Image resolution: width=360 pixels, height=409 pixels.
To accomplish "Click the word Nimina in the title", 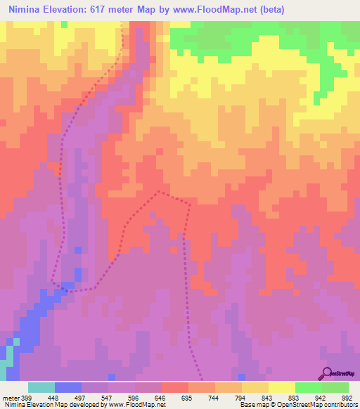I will point(27,8).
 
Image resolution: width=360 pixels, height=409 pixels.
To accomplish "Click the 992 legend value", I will point(347,396).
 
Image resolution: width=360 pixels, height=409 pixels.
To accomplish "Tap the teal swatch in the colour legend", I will point(41,387).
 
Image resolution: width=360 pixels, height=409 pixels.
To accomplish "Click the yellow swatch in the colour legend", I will point(281,387).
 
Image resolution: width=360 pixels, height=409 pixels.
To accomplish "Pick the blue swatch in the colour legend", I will point(67,387).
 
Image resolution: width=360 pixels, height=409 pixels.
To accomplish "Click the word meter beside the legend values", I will point(9,396).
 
